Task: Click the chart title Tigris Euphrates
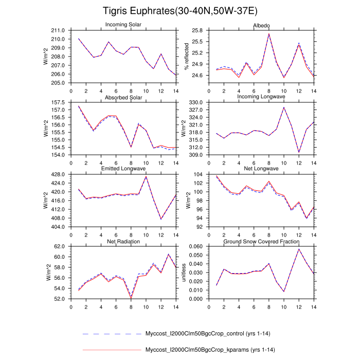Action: click(x=179, y=11)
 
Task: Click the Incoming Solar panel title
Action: click(x=123, y=25)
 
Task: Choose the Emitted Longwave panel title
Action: click(x=123, y=169)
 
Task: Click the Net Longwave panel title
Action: click(x=261, y=169)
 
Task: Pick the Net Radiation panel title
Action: click(x=123, y=241)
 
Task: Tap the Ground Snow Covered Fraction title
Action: click(x=261, y=241)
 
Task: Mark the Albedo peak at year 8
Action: click(x=269, y=34)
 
